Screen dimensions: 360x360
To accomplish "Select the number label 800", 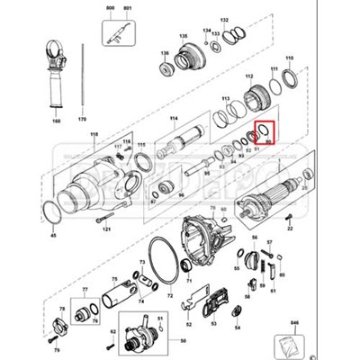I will coord(109,8).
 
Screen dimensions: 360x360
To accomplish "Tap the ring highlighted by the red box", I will coord(265,132).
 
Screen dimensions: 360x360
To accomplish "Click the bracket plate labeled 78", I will coord(60,326).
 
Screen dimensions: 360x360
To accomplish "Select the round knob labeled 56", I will coord(238,260).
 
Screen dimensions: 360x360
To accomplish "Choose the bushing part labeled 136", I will coord(165,66).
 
